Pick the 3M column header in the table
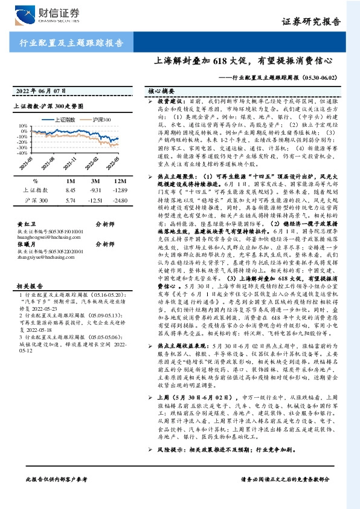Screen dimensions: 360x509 (x=95, y=181)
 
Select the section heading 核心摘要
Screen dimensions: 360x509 (x=161, y=91)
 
